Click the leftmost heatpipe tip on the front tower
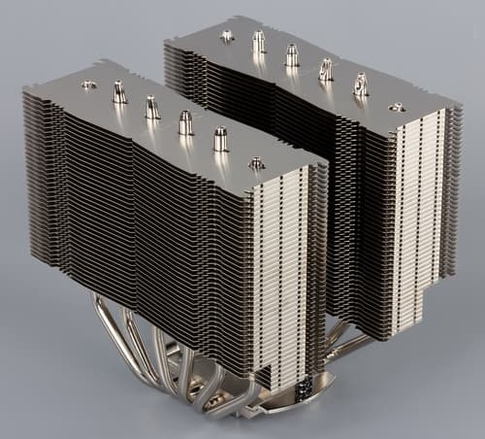coord(89,85)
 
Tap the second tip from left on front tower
coord(119,93)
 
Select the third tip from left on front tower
coord(152,107)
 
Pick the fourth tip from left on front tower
coord(185,121)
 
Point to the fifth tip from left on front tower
coord(220,138)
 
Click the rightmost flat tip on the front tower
coord(256,163)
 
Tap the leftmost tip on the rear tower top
coord(227,36)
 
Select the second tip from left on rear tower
coord(258,42)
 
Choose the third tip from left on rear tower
coord(291,54)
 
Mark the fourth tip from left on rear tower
coord(325,69)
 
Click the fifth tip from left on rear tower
coord(360,84)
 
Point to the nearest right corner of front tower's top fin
coord(328,160)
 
